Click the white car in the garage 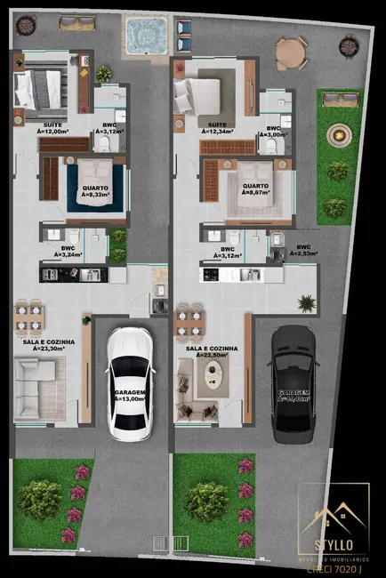(129, 382)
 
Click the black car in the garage (294, 382)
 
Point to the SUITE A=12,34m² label (217, 127)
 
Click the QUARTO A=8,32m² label (96, 192)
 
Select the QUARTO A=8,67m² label (258, 192)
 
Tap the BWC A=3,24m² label (68, 252)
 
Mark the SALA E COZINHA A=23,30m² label (49, 345)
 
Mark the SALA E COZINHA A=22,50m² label (212, 352)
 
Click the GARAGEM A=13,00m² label (130, 396)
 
